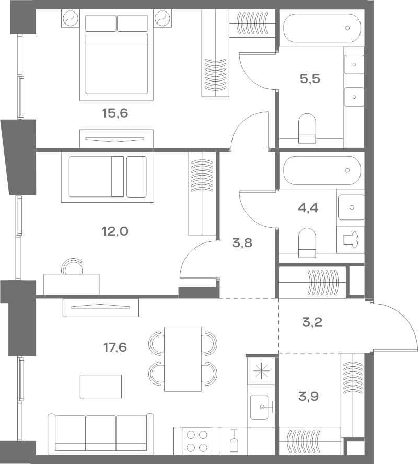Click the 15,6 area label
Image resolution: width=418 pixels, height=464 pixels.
(x=115, y=113)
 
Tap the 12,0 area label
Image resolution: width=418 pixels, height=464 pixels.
(x=115, y=231)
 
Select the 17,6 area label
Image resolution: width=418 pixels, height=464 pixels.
(x=115, y=347)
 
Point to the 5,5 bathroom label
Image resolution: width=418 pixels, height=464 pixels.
(x=310, y=79)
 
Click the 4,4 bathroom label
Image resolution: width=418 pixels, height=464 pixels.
(x=308, y=208)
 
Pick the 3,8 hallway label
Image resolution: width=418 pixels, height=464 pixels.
(x=242, y=243)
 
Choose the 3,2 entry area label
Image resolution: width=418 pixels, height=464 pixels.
(x=312, y=322)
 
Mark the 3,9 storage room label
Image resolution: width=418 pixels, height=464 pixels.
(x=308, y=396)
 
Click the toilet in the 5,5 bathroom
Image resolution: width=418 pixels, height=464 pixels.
(x=307, y=128)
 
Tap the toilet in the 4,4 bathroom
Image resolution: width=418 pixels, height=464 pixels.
(x=307, y=242)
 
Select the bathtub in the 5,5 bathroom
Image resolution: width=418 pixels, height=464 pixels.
(x=322, y=28)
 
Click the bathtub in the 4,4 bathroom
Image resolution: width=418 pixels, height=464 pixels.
(x=322, y=170)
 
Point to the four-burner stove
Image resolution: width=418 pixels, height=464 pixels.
(x=197, y=440)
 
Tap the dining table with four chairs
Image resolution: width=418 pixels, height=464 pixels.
(x=183, y=359)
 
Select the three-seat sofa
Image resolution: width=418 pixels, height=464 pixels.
(x=100, y=434)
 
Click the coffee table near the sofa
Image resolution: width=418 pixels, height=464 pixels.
(x=100, y=386)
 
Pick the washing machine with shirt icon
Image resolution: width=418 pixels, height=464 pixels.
(x=350, y=240)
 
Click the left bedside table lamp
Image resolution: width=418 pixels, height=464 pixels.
(x=71, y=18)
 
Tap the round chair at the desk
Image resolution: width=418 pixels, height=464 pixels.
(x=72, y=266)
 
